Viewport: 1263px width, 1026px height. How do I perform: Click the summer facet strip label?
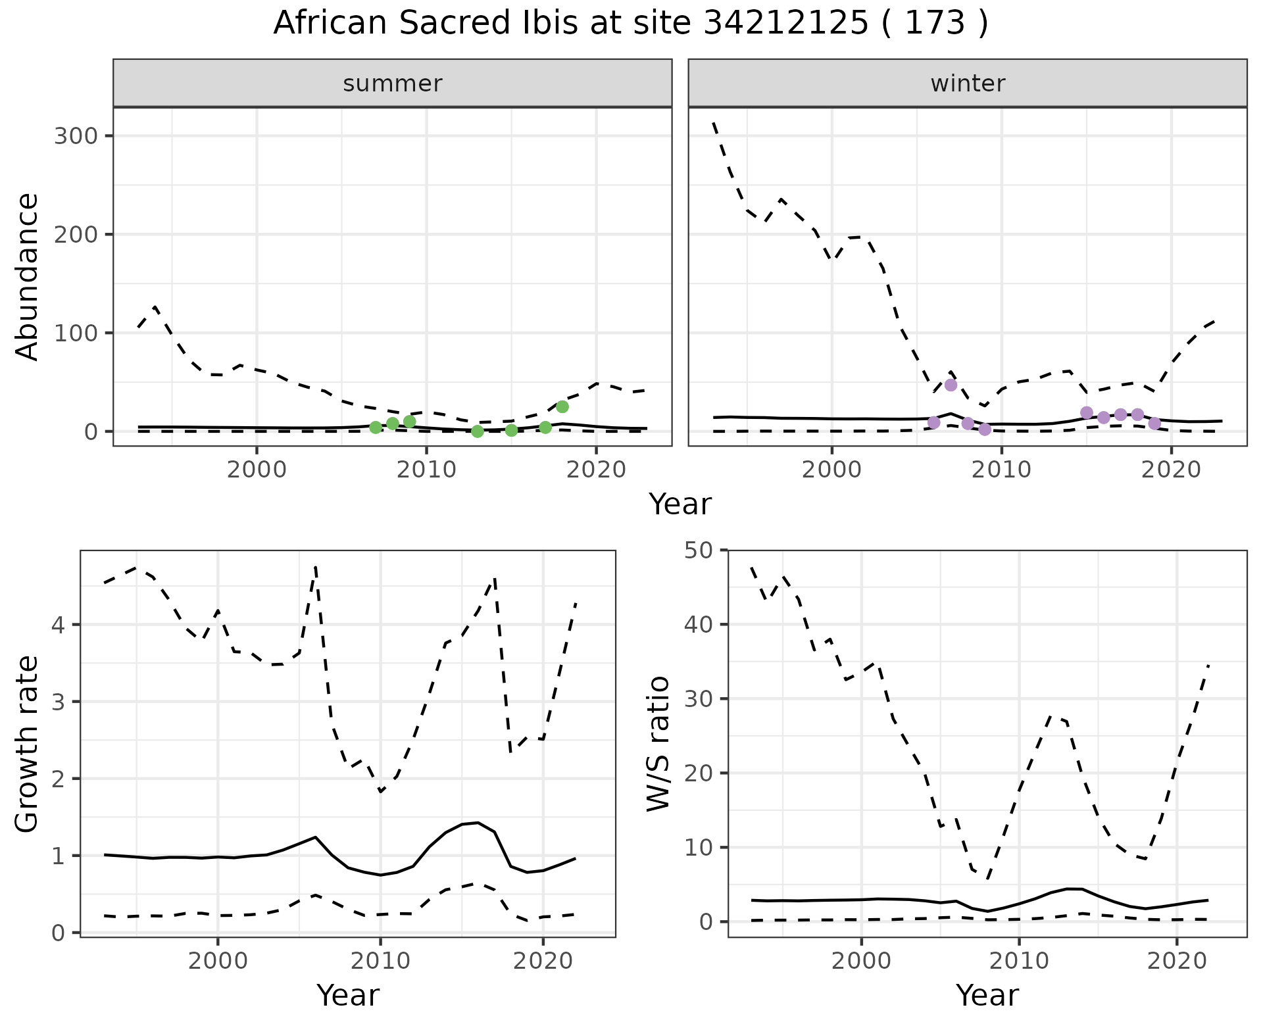tap(393, 84)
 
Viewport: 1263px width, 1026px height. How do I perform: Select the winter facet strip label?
tap(968, 84)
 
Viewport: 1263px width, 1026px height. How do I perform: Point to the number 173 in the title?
tap(935, 24)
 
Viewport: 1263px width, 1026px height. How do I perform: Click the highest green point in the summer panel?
tap(562, 406)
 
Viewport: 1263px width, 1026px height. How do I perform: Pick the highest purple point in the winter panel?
tap(951, 385)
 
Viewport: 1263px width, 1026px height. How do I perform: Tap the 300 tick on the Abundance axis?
tap(76, 136)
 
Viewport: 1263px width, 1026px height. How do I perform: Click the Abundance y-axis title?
tap(28, 276)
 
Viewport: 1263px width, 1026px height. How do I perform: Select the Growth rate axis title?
tap(28, 744)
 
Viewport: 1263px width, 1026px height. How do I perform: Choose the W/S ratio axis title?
tap(658, 744)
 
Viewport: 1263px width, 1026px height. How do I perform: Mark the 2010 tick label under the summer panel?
tap(426, 470)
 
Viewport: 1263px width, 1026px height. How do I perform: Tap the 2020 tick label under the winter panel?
tap(1171, 470)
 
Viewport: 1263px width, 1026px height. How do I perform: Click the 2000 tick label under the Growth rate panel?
tap(218, 961)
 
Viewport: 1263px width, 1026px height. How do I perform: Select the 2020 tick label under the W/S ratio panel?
tap(1176, 961)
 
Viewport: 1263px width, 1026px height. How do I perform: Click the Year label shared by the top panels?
tap(680, 504)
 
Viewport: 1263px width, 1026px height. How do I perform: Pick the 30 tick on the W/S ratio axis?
tap(701, 698)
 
